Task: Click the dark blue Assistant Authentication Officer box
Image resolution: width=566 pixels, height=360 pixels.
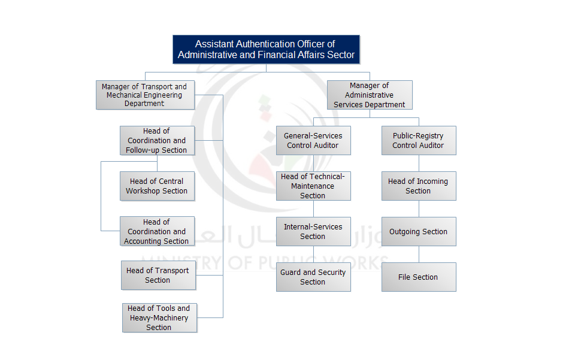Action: tap(266, 49)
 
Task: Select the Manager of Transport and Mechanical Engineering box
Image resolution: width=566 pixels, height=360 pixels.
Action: tap(145, 95)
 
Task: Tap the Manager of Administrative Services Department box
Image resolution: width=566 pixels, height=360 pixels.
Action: tap(370, 95)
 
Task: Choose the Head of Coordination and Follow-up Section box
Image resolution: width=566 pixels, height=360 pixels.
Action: tap(157, 141)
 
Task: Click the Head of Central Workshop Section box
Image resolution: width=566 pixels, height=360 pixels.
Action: tap(157, 186)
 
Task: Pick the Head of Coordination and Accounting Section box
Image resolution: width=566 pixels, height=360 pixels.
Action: tap(157, 231)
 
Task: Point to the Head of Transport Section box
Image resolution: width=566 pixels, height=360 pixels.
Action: tap(158, 276)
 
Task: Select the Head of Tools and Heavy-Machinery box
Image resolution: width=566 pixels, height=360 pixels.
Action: tap(159, 318)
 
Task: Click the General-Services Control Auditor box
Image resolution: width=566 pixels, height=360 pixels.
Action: tap(313, 141)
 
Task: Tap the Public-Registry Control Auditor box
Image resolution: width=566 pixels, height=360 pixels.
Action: tap(419, 141)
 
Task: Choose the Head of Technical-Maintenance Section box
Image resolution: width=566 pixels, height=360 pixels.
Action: tap(313, 186)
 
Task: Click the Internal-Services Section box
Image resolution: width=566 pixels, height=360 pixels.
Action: tap(313, 232)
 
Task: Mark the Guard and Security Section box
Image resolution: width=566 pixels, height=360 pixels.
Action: tap(313, 277)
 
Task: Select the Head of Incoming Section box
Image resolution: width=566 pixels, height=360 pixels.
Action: tap(419, 186)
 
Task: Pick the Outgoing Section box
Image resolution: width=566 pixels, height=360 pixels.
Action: tap(419, 232)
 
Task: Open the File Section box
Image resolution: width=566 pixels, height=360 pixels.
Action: tap(419, 277)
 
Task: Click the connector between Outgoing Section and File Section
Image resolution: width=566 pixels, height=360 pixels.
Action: tap(419, 255)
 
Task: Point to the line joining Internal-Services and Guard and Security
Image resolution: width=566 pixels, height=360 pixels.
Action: tap(313, 255)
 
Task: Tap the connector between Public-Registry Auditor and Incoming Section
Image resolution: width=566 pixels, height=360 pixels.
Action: tap(419, 164)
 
